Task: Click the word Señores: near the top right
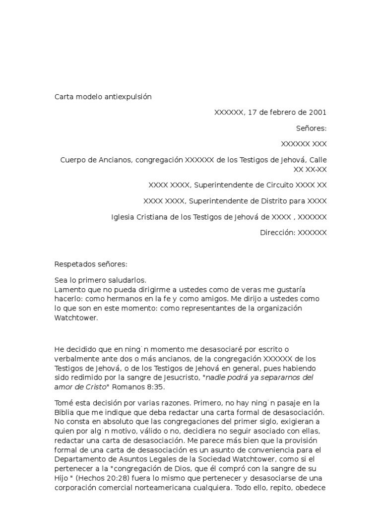[x=312, y=128]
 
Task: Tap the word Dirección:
[x=277, y=233]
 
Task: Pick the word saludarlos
[x=128, y=280]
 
